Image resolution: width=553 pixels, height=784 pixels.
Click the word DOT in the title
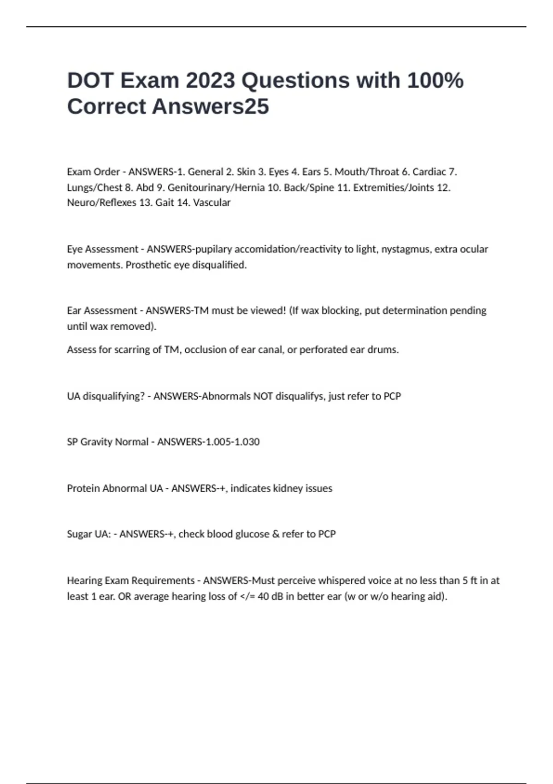point(90,81)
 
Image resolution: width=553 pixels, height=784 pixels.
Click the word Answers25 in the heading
point(210,107)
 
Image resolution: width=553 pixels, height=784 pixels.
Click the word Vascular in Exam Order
point(212,202)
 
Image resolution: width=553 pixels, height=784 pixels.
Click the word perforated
point(323,350)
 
